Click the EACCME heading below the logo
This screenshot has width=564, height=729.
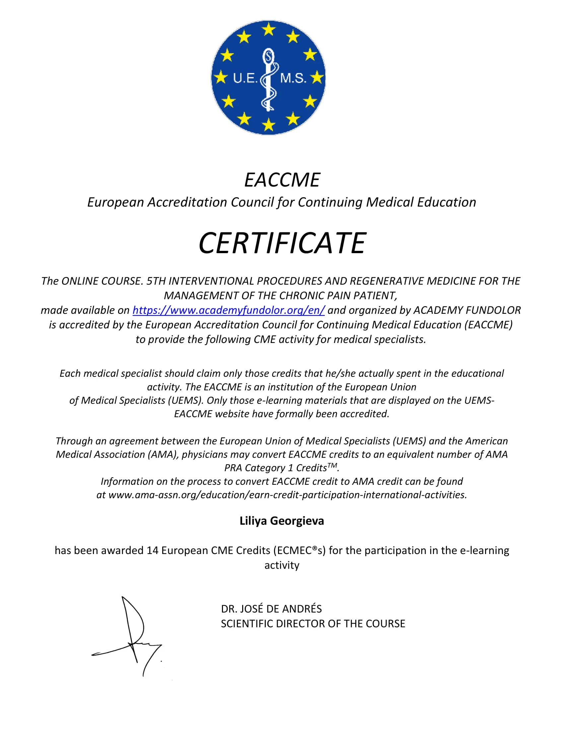[x=282, y=180]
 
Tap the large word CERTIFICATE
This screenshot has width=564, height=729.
[x=282, y=243]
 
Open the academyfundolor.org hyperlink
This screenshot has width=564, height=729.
[x=229, y=310]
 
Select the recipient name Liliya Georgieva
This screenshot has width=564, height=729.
[x=282, y=521]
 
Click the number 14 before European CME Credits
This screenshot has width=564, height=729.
[x=152, y=550]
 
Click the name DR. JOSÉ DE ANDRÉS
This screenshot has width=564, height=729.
[x=271, y=609]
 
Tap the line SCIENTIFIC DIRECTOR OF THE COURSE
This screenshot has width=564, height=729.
[x=313, y=624]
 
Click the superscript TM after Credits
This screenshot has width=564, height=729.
[x=332, y=465]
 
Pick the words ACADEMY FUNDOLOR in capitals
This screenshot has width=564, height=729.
[x=467, y=310]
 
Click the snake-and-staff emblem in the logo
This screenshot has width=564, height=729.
[x=268, y=80]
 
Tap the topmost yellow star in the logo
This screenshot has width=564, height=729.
[x=268, y=29]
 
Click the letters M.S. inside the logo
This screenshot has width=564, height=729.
[x=293, y=78]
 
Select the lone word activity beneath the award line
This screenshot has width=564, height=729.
[x=282, y=565]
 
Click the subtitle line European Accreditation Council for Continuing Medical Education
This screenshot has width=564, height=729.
[x=282, y=202]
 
